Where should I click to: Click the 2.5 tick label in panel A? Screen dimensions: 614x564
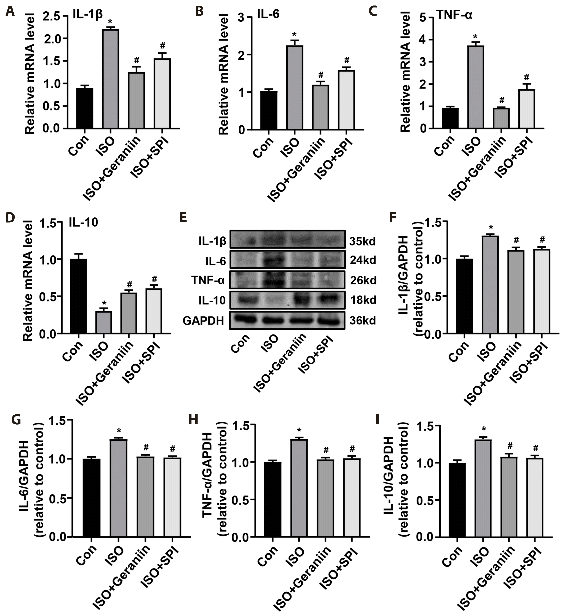[x=51, y=17]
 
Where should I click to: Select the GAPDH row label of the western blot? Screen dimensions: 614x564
[x=203, y=321]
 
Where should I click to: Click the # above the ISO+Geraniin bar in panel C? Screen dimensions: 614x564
[x=502, y=100]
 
